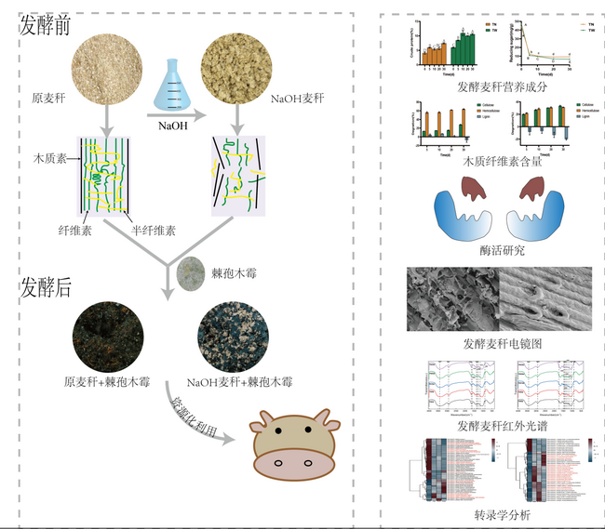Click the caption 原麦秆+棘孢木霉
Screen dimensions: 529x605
click(x=107, y=381)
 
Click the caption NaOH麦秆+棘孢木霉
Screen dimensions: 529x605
click(x=240, y=381)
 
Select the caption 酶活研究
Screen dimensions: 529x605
click(x=500, y=252)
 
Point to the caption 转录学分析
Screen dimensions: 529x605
click(x=500, y=513)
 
